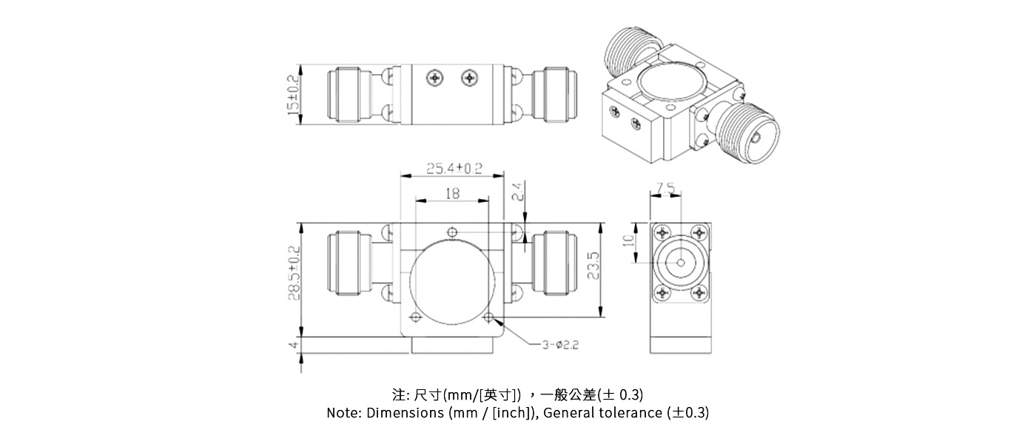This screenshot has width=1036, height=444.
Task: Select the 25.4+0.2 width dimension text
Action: pos(454,168)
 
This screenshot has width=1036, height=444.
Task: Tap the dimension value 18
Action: pos(452,193)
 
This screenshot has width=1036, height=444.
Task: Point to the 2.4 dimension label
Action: pos(518,192)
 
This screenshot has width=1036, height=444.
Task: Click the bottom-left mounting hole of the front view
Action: pos(414,318)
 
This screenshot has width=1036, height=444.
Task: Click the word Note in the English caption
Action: pos(344,413)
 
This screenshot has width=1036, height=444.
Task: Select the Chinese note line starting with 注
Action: pos(517,394)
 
